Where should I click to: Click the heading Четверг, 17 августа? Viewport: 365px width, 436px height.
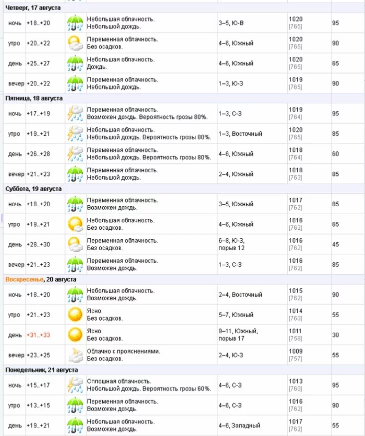33,8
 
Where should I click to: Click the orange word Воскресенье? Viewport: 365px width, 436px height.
24,280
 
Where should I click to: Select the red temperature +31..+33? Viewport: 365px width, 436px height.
38,335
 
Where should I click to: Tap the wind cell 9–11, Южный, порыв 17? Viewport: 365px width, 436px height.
238,335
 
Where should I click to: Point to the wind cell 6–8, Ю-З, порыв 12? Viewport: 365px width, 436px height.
231,244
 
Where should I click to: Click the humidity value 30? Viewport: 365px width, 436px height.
336,335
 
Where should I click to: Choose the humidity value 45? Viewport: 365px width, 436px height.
336,245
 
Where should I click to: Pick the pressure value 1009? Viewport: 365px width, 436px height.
295,352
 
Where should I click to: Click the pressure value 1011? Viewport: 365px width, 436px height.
295,331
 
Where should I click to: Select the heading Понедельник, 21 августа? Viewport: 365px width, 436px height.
41,370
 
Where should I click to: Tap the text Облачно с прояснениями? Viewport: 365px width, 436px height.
123,352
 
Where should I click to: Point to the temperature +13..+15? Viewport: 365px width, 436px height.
38,406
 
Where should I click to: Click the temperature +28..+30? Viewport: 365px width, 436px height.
38,245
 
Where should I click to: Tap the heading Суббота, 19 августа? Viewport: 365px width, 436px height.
33,189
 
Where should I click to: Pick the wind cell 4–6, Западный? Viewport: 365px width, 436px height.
239,426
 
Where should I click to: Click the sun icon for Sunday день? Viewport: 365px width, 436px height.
75,335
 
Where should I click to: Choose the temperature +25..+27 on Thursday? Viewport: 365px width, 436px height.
38,63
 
